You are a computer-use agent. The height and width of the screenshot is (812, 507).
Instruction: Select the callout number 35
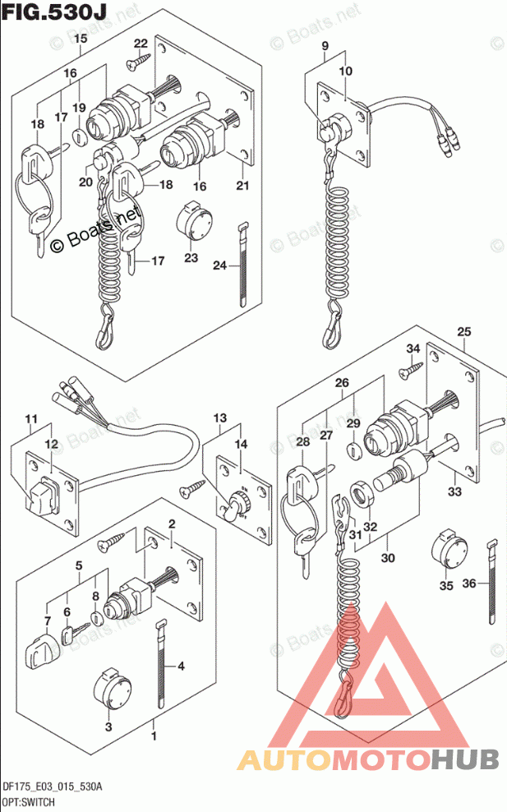446,586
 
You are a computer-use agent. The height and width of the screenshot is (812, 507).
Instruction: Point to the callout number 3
108,726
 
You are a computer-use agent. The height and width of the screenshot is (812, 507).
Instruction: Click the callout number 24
219,265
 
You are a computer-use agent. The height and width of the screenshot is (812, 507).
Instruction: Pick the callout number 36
471,584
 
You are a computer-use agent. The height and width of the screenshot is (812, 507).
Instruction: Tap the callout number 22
141,44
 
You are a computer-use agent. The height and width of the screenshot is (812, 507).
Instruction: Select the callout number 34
413,349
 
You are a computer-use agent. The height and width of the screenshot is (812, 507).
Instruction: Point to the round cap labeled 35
448,545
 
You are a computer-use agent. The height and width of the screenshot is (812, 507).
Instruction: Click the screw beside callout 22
134,61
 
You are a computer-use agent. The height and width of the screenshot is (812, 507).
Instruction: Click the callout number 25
464,332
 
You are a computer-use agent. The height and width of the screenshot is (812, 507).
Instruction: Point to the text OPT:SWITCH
29,799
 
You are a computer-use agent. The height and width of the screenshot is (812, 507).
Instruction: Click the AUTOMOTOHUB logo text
368,759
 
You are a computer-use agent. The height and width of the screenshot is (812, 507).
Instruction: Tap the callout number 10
344,72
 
